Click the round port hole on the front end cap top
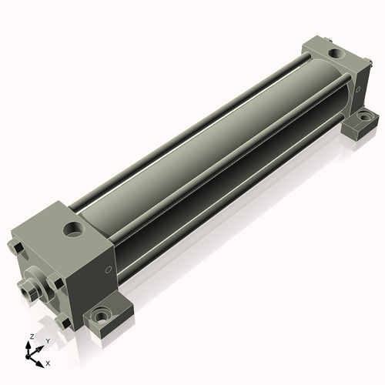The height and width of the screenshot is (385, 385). pos(74,229)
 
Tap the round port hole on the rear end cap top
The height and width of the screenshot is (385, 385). pos(336,54)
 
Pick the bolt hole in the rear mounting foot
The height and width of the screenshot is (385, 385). pos(365,117)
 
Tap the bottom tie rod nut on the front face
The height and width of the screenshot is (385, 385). pos(63,322)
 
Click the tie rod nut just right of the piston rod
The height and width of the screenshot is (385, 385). pos(55,282)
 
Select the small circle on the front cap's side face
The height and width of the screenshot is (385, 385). pos(109,269)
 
